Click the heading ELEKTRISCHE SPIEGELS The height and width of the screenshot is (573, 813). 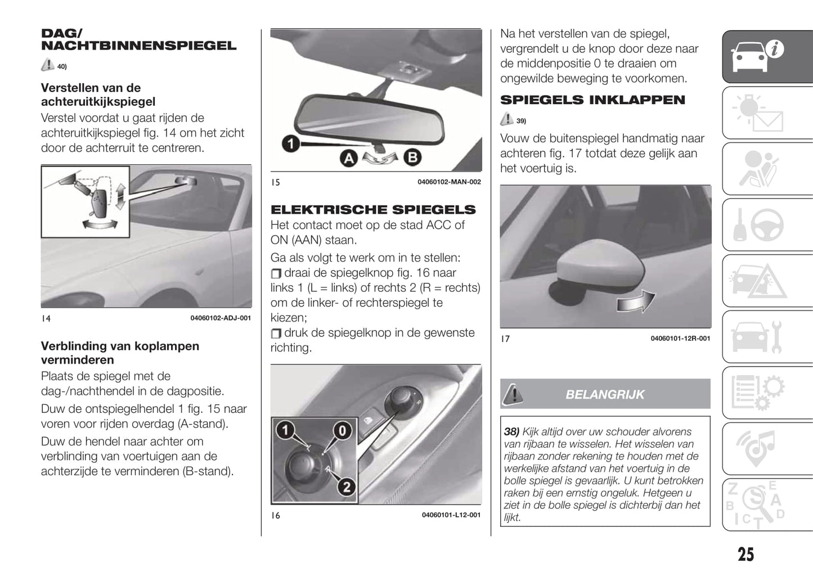tap(373, 210)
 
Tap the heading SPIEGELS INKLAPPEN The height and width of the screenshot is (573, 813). tap(592, 100)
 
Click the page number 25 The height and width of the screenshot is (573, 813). tap(745, 554)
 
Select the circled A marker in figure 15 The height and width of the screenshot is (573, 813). tap(349, 158)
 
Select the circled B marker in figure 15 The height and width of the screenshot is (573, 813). tap(412, 157)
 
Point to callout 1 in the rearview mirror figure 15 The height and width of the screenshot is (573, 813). tap(290, 144)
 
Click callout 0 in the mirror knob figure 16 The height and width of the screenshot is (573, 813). tap(342, 431)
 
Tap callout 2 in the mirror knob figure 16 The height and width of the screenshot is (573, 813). tap(346, 486)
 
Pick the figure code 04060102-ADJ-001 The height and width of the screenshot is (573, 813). tap(221, 318)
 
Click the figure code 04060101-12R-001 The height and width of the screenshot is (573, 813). tap(680, 339)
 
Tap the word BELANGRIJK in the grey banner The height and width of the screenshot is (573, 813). tap(605, 395)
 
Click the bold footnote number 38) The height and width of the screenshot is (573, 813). tap(511, 432)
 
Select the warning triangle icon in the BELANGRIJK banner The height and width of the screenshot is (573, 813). tap(513, 394)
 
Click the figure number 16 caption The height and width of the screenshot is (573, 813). tap(276, 515)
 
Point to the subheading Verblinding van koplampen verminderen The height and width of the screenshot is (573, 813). tap(120, 353)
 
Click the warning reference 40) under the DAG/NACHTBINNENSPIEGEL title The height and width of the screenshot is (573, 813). tap(62, 67)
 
